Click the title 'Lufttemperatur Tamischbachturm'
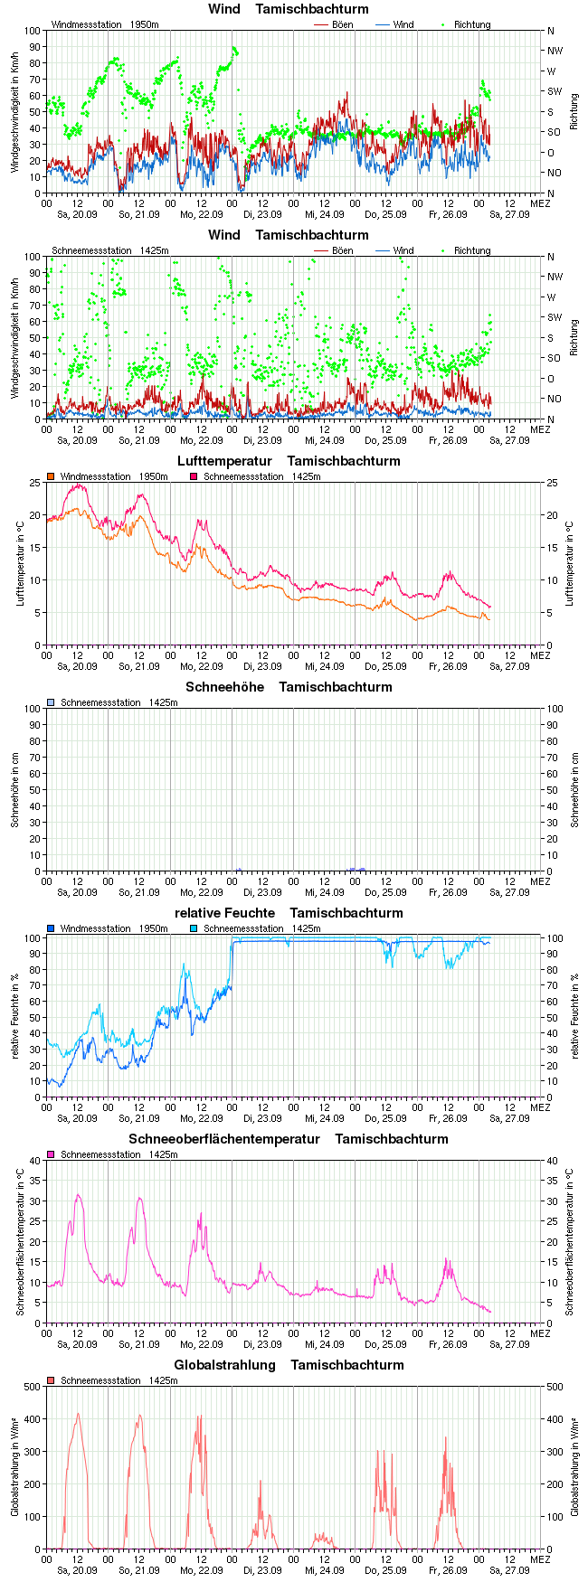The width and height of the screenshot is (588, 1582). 289,461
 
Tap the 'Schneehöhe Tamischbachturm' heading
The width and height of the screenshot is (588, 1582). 289,687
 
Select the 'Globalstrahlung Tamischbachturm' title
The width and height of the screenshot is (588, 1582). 289,1365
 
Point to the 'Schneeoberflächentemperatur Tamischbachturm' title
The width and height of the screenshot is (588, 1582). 289,1139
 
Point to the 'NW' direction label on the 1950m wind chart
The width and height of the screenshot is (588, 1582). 555,51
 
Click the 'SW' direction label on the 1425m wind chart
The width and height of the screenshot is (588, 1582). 555,317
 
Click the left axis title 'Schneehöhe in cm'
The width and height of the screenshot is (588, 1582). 15,790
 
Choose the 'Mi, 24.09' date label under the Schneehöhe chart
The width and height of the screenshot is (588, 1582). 324,892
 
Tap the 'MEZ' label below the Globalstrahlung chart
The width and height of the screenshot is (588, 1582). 539,1559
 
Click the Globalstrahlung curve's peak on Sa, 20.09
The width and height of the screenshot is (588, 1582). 78,1414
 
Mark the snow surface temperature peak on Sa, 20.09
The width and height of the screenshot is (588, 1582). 78,1195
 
